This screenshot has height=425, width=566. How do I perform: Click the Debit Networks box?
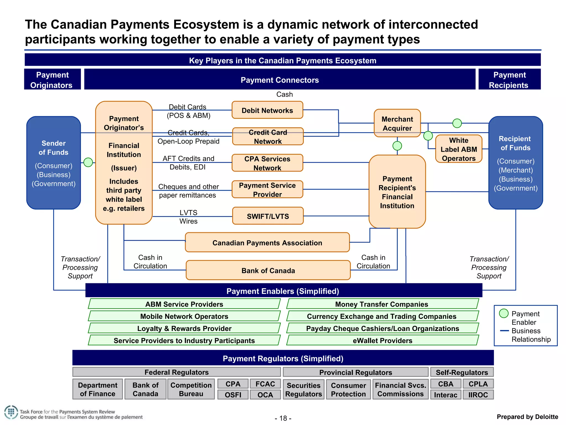(267, 110)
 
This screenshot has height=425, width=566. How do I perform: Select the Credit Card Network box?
(268, 136)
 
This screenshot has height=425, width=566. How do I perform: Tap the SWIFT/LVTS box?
(268, 216)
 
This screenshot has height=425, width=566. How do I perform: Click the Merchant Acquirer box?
(397, 123)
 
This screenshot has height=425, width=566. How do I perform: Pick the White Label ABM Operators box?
(458, 149)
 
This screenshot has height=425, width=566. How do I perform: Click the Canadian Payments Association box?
(267, 243)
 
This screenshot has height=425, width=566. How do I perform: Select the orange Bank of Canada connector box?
(268, 270)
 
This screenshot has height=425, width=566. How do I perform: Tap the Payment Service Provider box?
(267, 190)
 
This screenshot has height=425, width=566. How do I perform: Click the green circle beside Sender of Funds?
(88, 162)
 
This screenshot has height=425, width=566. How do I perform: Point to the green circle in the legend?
(504, 313)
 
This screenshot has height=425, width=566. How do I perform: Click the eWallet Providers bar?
(382, 340)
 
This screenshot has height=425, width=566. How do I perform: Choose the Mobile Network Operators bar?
(184, 316)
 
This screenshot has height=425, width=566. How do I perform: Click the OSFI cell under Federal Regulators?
(233, 395)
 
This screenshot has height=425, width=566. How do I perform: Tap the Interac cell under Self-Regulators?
(446, 395)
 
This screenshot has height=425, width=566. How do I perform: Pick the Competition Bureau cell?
(191, 389)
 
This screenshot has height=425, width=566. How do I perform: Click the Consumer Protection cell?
(348, 389)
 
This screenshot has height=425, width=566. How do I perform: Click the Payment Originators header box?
(52, 80)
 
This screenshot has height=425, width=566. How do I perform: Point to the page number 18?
(283, 418)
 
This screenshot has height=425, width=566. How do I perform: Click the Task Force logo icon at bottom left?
(11, 412)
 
